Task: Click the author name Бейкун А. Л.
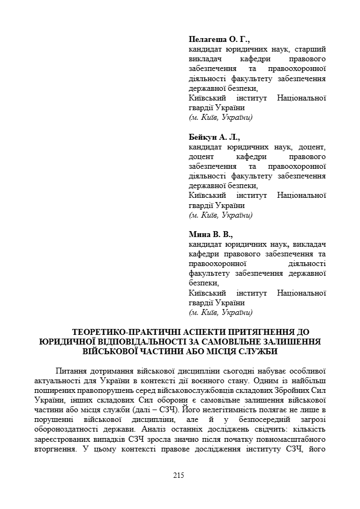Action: [x=214, y=137]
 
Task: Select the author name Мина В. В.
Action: [x=211, y=234]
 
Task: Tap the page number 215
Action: [x=179, y=475]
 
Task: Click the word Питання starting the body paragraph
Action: [x=71, y=371]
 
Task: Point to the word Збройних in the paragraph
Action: [x=279, y=391]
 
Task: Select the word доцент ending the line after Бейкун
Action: [x=312, y=147]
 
